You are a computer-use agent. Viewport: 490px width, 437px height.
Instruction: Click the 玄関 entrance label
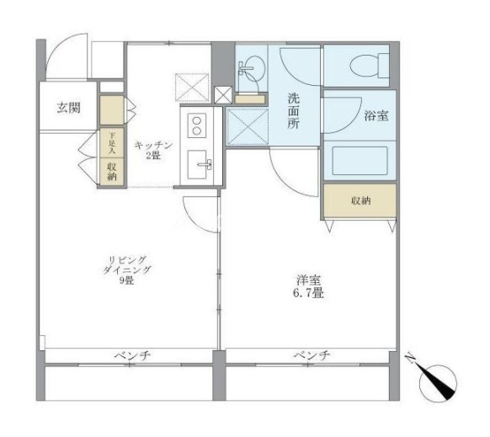coord(69,108)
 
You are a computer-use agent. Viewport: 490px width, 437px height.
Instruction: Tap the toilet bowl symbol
coord(370,66)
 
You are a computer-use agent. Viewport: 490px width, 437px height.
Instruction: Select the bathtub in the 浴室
coord(360,161)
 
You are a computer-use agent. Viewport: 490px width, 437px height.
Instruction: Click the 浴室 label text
coord(376,116)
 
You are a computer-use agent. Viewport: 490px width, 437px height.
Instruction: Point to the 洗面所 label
coord(294,111)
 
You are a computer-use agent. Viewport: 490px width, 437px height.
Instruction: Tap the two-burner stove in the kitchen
coord(197,125)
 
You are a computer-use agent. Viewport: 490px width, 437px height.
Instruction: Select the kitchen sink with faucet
coord(199,164)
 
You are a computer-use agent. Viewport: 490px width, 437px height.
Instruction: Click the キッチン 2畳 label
coord(153,150)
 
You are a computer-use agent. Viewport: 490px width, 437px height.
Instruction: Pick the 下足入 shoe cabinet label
coord(112,143)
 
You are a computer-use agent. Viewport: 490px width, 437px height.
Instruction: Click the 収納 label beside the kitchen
coord(112,172)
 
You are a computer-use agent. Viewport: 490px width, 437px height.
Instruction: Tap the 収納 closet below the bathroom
coord(360,200)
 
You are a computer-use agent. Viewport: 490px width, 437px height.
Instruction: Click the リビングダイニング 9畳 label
coord(127,270)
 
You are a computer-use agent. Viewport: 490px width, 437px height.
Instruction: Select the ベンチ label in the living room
coord(132,355)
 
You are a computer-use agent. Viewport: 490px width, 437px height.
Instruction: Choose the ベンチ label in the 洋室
coord(312,355)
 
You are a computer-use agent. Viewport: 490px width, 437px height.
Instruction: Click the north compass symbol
coord(438,382)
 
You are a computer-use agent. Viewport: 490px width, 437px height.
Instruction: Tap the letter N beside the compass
coord(411,359)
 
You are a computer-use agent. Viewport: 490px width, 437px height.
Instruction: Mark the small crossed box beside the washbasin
coord(223,95)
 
